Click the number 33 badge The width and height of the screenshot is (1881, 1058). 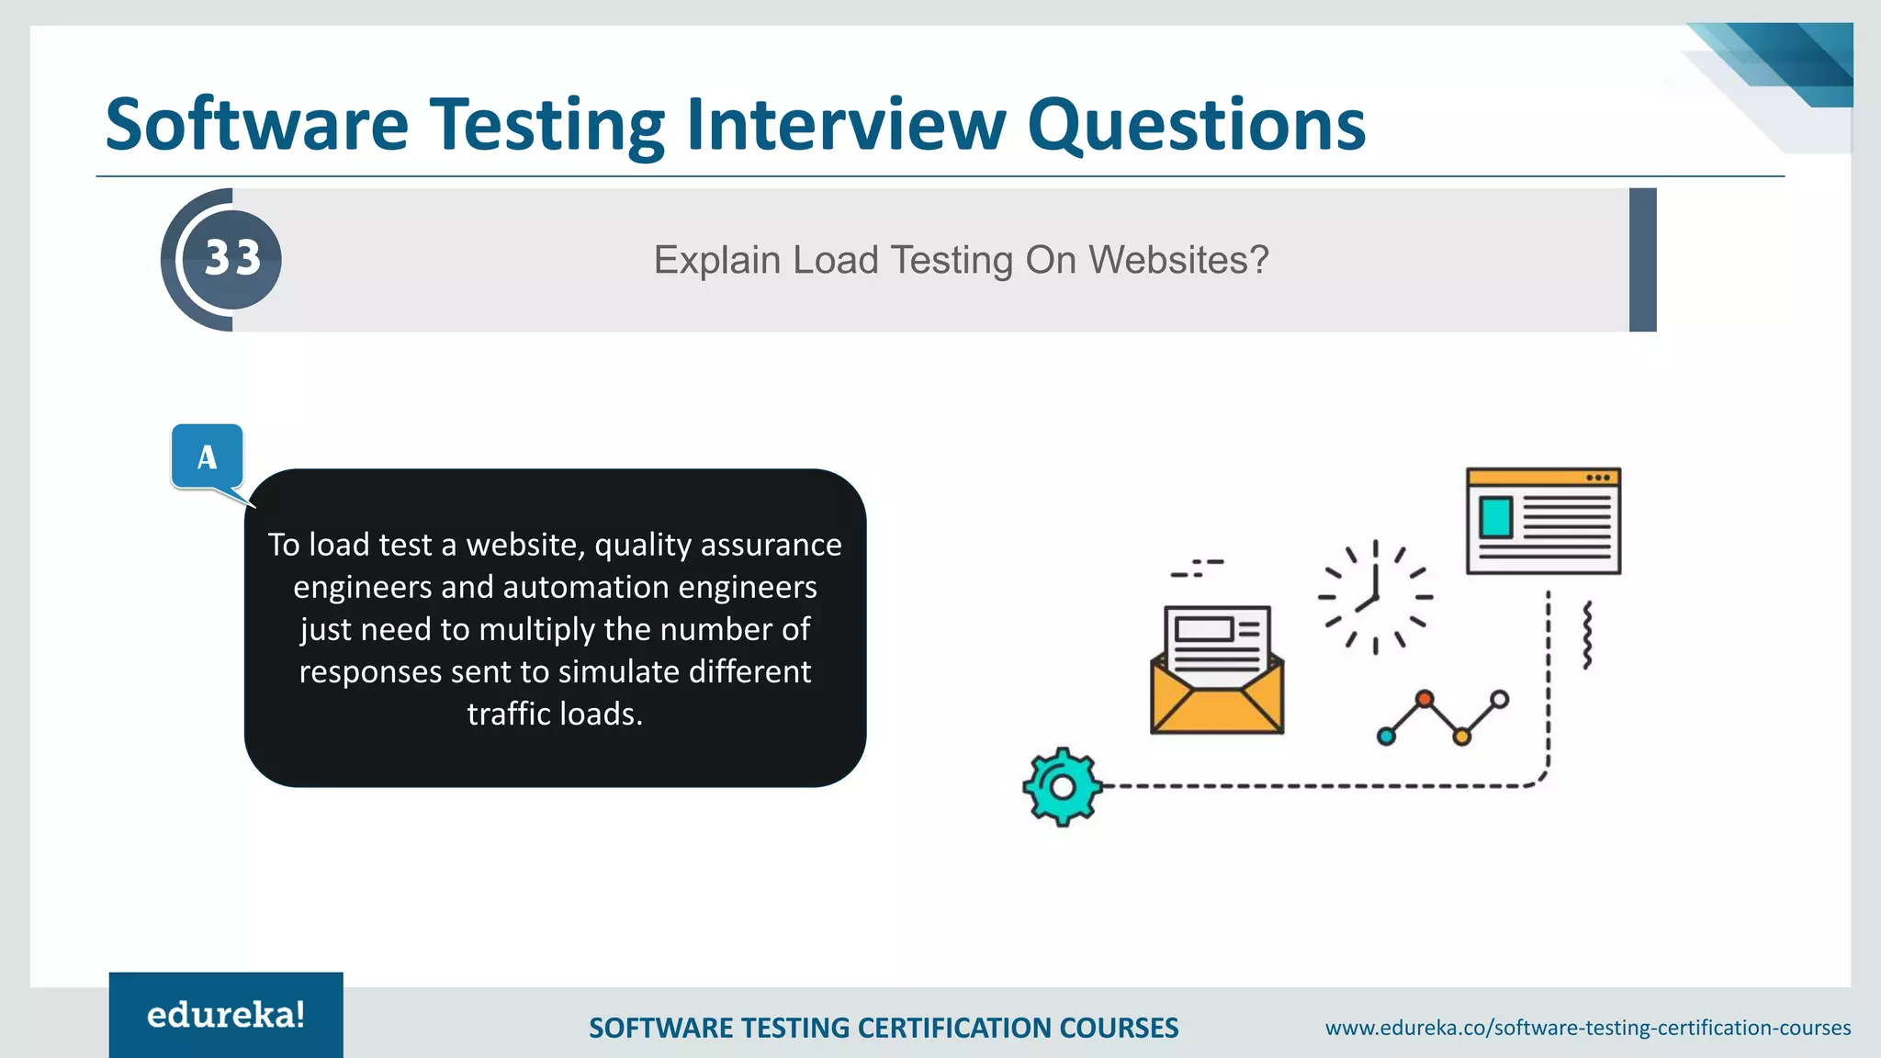point(231,259)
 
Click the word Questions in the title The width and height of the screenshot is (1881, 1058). point(1196,126)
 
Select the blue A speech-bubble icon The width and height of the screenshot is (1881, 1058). point(208,456)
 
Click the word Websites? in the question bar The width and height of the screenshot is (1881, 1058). point(1179,260)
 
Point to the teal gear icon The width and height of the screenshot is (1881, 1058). point(1062,787)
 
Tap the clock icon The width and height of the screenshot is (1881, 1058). point(1375,597)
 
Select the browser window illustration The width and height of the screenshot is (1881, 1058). point(1543,521)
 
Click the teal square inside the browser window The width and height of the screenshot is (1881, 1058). point(1495,517)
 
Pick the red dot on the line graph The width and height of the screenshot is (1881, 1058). point(1424,700)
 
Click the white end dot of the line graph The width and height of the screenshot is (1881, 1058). point(1499,700)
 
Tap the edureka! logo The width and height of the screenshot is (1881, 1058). point(226,1015)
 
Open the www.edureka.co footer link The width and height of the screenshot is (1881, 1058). point(1587,1028)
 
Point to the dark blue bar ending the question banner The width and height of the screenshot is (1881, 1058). point(1642,260)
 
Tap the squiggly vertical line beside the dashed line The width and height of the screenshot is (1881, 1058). point(1587,636)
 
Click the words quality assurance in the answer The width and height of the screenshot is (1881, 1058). point(717,546)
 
